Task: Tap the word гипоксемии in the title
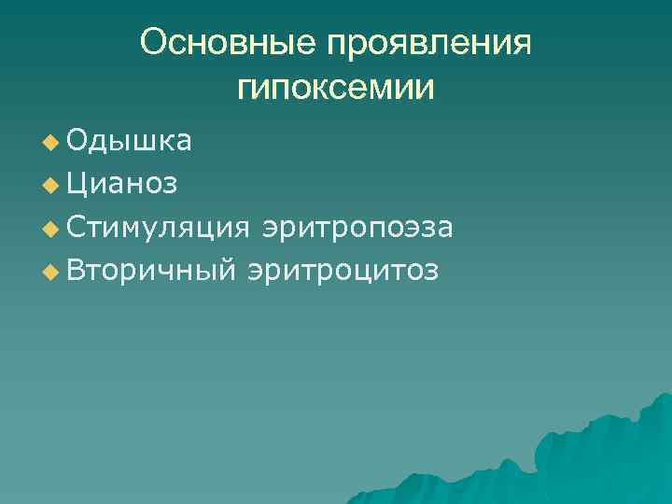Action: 335,89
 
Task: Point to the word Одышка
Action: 130,141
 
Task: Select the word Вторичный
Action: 153,271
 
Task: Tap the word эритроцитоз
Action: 343,271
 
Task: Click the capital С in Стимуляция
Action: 77,227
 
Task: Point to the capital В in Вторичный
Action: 77,271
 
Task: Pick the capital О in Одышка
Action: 77,141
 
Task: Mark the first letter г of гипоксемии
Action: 245,91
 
